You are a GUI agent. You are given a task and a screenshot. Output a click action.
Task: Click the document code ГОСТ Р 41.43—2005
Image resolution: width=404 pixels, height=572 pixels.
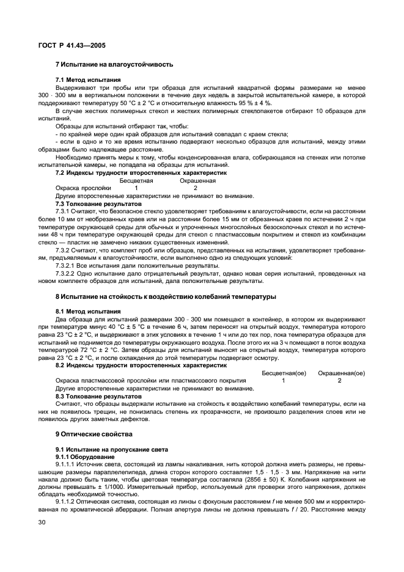[72, 45]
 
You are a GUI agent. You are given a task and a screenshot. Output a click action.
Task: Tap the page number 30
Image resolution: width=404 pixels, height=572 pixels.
[42, 522]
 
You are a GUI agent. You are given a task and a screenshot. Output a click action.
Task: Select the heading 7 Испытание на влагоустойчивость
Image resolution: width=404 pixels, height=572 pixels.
[114, 64]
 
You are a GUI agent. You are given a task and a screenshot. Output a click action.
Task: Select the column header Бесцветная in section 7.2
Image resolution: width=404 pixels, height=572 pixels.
[136, 181]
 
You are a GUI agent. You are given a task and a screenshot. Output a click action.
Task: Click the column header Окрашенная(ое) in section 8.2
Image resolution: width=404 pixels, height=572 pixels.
[342, 372]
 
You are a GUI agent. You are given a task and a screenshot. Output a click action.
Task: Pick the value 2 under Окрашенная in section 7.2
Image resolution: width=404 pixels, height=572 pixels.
[195, 188]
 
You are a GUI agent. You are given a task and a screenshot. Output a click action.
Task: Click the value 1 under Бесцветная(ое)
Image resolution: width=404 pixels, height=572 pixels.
[284, 380]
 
